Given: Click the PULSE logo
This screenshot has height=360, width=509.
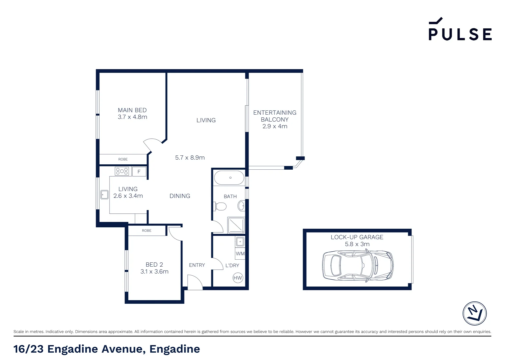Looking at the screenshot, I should coord(460,30).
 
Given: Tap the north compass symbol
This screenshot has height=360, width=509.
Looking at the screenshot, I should coord(474,313).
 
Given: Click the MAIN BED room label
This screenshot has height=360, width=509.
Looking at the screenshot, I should coord(132,110).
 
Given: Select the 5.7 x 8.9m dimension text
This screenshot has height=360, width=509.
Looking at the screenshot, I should coord(190,158).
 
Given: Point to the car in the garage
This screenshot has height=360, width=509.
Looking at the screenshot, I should coord(357,266).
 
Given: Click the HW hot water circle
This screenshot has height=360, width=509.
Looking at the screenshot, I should coord(238,278).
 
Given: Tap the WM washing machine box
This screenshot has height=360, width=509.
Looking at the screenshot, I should coord(240,254).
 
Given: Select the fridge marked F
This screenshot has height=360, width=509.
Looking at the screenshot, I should coord(139,172).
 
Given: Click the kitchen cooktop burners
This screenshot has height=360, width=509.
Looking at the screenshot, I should coord(122,171).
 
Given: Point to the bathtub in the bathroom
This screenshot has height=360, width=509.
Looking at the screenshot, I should coord(229,178).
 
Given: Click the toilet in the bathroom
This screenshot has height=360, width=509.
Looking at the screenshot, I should coord(221,206).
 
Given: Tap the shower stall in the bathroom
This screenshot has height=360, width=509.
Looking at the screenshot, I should coord(236,225).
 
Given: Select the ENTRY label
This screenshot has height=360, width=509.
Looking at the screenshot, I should coord(197,265).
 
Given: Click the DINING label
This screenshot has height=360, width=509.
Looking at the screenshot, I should coord(180,196).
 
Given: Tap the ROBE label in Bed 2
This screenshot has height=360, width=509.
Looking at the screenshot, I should coord(147,231).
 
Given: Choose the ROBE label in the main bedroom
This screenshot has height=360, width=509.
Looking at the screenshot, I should coord(123,159).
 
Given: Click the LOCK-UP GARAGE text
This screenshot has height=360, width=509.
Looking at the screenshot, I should coord(357,237).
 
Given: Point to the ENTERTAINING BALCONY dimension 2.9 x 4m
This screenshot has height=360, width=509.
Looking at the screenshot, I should coord(275,126).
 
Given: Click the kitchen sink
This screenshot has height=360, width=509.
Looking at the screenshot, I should coord(105,194).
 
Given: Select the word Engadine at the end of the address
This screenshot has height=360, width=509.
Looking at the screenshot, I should coord(175,349).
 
